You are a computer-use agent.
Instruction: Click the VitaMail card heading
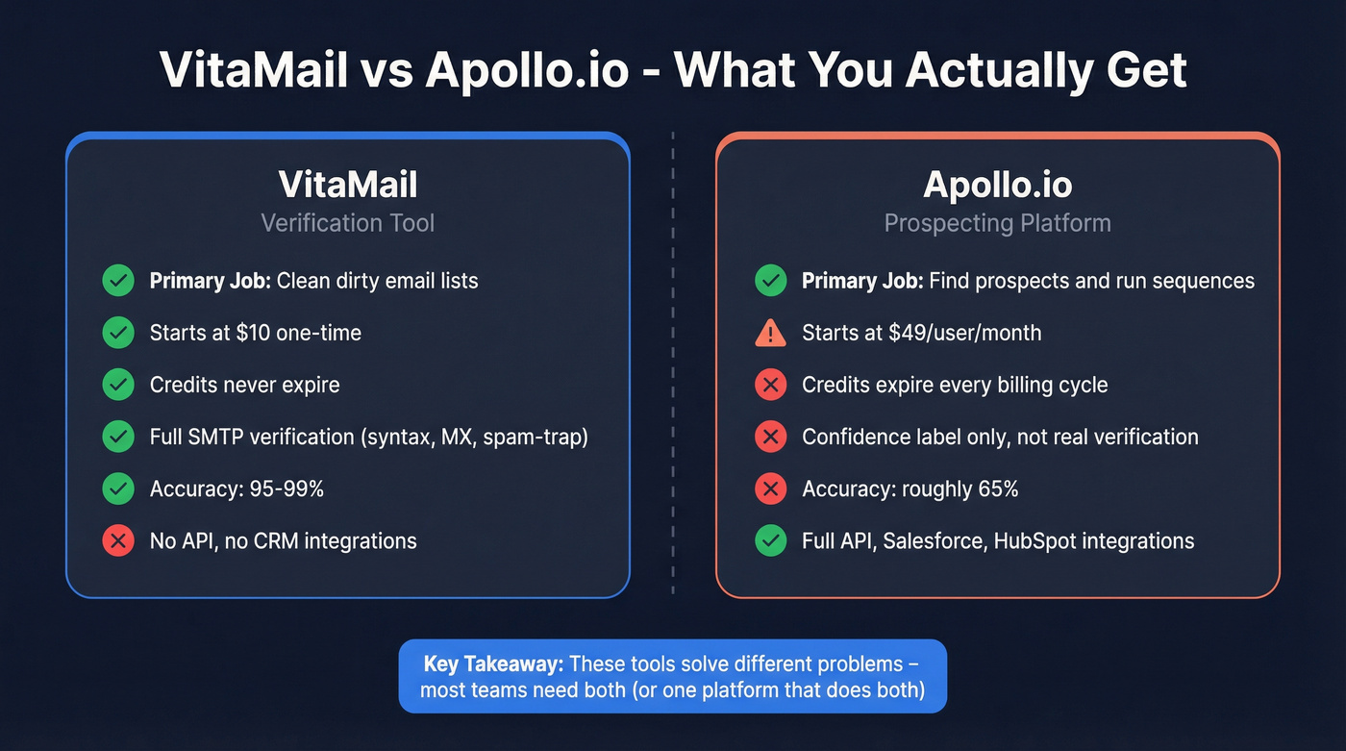point(347,185)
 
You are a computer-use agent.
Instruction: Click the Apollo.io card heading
point(997,185)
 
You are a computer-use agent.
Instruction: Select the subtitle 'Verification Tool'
point(347,223)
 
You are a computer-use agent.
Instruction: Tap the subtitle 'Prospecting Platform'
point(997,223)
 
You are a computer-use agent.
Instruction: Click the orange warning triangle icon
point(770,333)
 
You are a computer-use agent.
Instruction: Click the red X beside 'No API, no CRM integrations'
point(118,541)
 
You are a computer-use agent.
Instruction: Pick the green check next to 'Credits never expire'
point(118,385)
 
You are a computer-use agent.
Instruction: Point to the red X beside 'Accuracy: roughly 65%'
point(770,489)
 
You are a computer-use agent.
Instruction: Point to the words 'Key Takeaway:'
point(492,664)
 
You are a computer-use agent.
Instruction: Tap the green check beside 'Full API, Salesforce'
point(770,541)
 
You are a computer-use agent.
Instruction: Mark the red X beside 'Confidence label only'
point(770,438)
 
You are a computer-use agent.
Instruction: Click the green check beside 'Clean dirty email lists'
point(118,281)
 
